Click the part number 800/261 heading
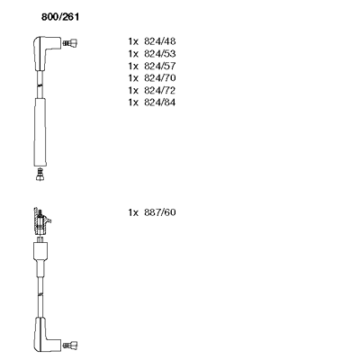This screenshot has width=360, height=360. [x=60, y=17]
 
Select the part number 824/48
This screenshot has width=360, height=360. [x=160, y=41]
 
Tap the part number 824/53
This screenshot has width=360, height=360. [x=160, y=53]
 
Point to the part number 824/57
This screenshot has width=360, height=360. [x=160, y=66]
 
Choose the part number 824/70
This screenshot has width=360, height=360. [x=160, y=78]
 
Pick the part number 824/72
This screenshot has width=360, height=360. [x=160, y=90]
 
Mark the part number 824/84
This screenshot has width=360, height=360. [x=160, y=103]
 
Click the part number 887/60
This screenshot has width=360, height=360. [x=160, y=212]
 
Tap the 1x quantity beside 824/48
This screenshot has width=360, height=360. [x=133, y=41]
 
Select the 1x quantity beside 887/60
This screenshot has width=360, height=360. [x=133, y=212]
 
